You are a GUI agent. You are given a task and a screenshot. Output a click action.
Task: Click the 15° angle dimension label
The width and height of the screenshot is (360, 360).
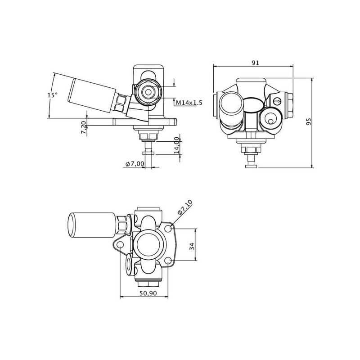(53, 95)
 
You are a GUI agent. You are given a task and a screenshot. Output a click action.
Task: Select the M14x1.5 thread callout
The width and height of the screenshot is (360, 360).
(189, 103)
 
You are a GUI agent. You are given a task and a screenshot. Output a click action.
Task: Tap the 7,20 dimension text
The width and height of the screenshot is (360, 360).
(84, 128)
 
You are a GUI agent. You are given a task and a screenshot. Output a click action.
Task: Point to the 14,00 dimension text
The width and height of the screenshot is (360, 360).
(176, 145)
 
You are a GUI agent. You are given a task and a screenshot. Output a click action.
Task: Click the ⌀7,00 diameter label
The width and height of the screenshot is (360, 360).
(135, 164)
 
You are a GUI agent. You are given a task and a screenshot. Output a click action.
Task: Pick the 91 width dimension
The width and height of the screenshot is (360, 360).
(255, 63)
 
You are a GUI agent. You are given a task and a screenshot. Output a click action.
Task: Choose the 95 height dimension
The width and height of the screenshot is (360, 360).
(309, 121)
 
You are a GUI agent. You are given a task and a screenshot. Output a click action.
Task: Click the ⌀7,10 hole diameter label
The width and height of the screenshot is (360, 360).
(185, 207)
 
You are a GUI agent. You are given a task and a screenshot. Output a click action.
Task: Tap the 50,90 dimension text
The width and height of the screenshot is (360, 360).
(148, 293)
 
